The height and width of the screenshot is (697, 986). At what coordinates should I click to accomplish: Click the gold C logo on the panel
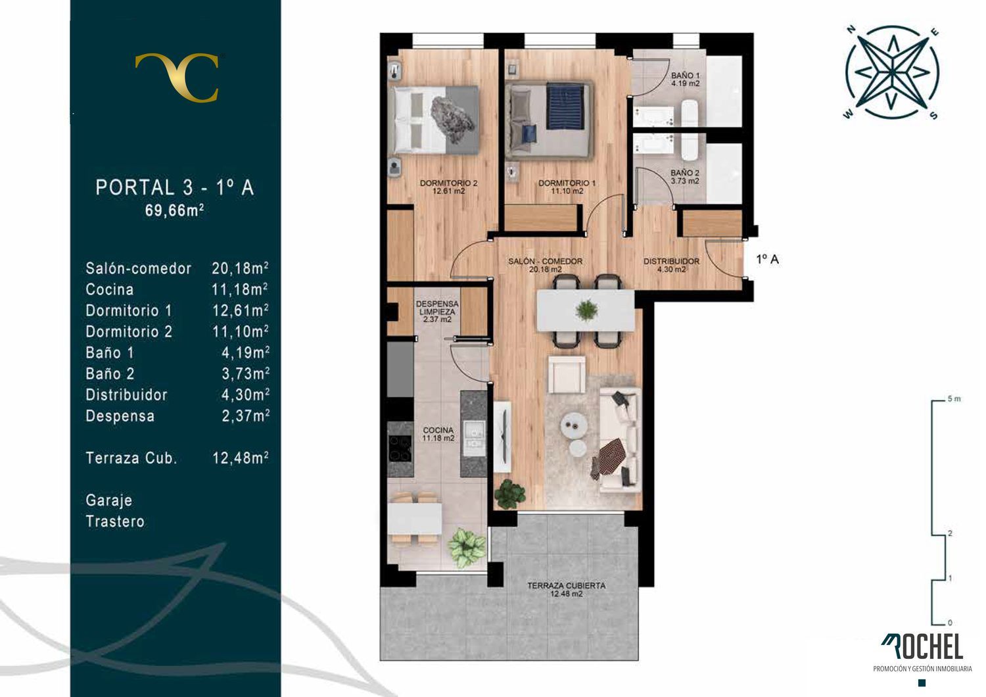click(177, 77)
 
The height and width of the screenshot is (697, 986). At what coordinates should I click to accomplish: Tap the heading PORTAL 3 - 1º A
click(175, 187)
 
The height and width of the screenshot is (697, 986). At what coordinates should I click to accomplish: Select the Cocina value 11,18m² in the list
click(240, 289)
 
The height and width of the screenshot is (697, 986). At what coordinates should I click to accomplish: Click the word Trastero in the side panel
click(115, 521)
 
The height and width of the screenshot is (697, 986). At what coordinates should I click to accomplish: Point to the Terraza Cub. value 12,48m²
click(241, 458)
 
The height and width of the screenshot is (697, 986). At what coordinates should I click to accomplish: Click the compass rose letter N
click(851, 30)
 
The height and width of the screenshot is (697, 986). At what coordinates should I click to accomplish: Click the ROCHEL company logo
click(922, 647)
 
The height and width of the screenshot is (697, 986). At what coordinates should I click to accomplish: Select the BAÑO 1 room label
click(686, 80)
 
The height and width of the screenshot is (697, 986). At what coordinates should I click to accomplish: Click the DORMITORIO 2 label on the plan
click(448, 187)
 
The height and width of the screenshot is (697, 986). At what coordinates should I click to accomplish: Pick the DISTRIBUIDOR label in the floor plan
click(671, 265)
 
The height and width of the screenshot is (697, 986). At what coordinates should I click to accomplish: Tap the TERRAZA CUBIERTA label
click(567, 590)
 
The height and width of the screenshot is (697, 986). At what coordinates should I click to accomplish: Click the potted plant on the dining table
click(586, 310)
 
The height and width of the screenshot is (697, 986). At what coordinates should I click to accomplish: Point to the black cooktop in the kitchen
click(400, 448)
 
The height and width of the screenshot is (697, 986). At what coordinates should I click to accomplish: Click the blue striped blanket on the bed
click(565, 107)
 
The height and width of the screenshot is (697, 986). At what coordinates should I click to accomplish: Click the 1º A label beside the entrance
click(768, 259)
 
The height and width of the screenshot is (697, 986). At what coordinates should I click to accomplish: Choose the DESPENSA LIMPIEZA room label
click(437, 311)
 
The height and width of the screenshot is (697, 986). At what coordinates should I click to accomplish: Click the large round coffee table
click(574, 425)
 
